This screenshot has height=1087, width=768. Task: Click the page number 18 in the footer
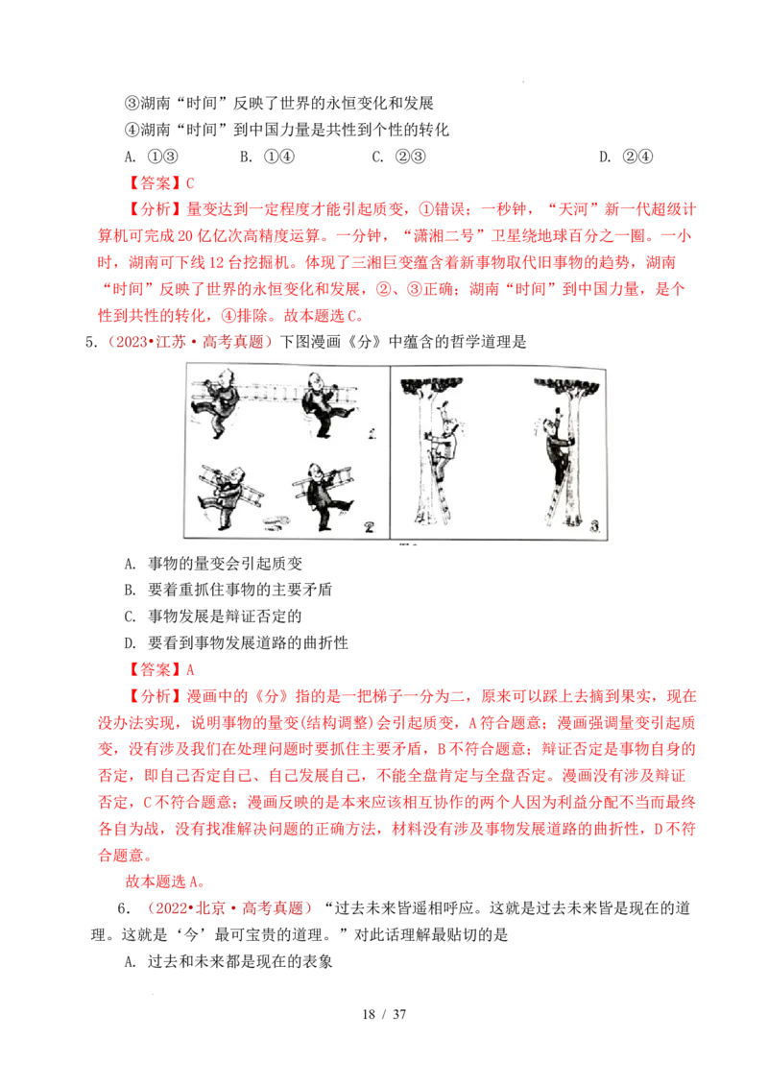[x=369, y=1014]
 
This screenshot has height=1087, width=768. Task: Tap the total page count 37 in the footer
[x=400, y=1014]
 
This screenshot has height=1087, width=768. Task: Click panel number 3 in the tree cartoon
[x=594, y=526]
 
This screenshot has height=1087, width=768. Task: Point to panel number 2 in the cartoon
[x=370, y=527]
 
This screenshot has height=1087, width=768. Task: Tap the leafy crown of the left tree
[x=432, y=385]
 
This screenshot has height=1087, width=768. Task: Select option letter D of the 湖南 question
[x=605, y=157]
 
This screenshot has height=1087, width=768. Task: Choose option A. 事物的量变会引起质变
[x=213, y=564]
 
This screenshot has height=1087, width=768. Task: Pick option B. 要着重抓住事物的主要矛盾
[x=228, y=590]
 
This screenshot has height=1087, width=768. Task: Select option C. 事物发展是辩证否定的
[x=213, y=616]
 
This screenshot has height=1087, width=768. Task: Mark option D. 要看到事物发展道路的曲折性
[x=235, y=642]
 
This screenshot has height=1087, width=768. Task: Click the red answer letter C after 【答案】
[x=190, y=183]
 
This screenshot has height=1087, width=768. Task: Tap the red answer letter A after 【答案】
[x=190, y=669]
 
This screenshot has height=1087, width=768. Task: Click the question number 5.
[x=89, y=343]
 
